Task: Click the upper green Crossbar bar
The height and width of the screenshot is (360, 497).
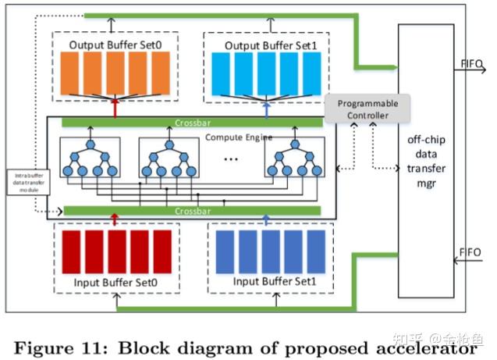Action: point(191,122)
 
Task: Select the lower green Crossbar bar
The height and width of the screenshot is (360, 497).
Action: point(191,211)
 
